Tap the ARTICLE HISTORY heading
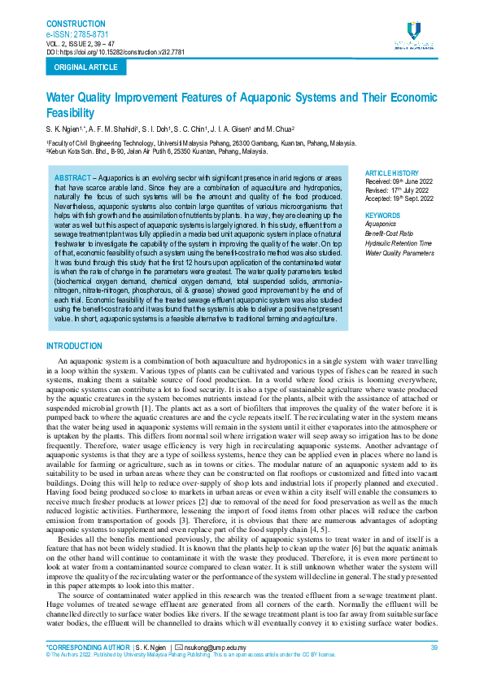(392, 173)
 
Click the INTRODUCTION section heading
(75, 347)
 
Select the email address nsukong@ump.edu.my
(218, 647)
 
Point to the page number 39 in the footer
(434, 647)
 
